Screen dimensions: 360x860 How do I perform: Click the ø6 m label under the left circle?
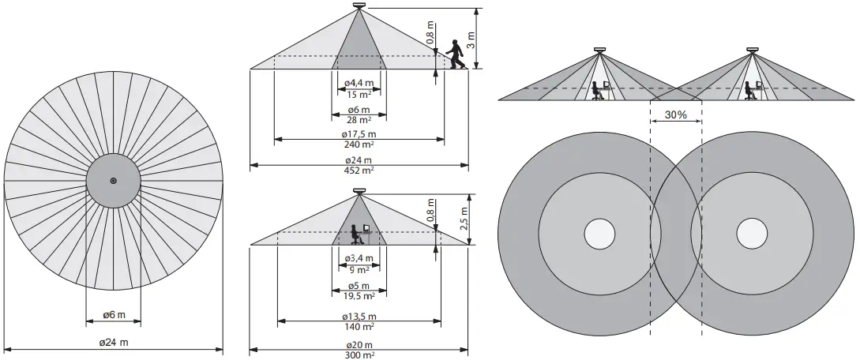click(x=114, y=316)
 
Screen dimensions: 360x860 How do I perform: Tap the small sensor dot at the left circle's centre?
click(x=113, y=181)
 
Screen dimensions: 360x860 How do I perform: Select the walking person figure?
click(x=454, y=54)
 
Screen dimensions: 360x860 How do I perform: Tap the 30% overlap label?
click(x=675, y=114)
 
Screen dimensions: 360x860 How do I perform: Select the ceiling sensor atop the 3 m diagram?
click(x=359, y=7)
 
